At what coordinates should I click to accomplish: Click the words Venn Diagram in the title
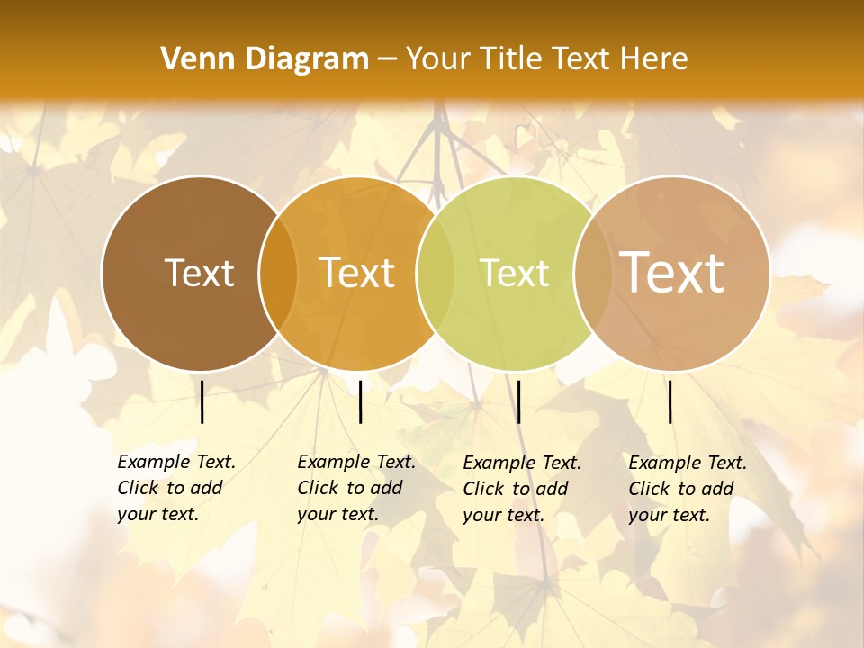265,59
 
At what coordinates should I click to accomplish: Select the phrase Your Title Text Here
546,59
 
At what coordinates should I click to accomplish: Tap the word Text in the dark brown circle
199,273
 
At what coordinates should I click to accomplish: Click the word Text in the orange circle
357,273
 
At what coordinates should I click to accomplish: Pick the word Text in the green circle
515,273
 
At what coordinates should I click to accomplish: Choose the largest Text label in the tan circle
672,272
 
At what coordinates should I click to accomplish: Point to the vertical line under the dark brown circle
202,401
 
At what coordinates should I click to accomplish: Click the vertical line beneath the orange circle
360,401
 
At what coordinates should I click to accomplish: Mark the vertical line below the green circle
518,401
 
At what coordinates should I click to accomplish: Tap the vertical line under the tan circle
670,401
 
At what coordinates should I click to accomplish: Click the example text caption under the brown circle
176,488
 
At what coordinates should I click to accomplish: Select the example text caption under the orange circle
356,488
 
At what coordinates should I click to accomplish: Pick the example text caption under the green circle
522,489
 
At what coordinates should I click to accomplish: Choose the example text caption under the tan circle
688,489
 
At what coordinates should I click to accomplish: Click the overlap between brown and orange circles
278,273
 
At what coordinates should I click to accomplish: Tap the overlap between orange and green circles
436,273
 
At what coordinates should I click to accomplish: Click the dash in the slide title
387,59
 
